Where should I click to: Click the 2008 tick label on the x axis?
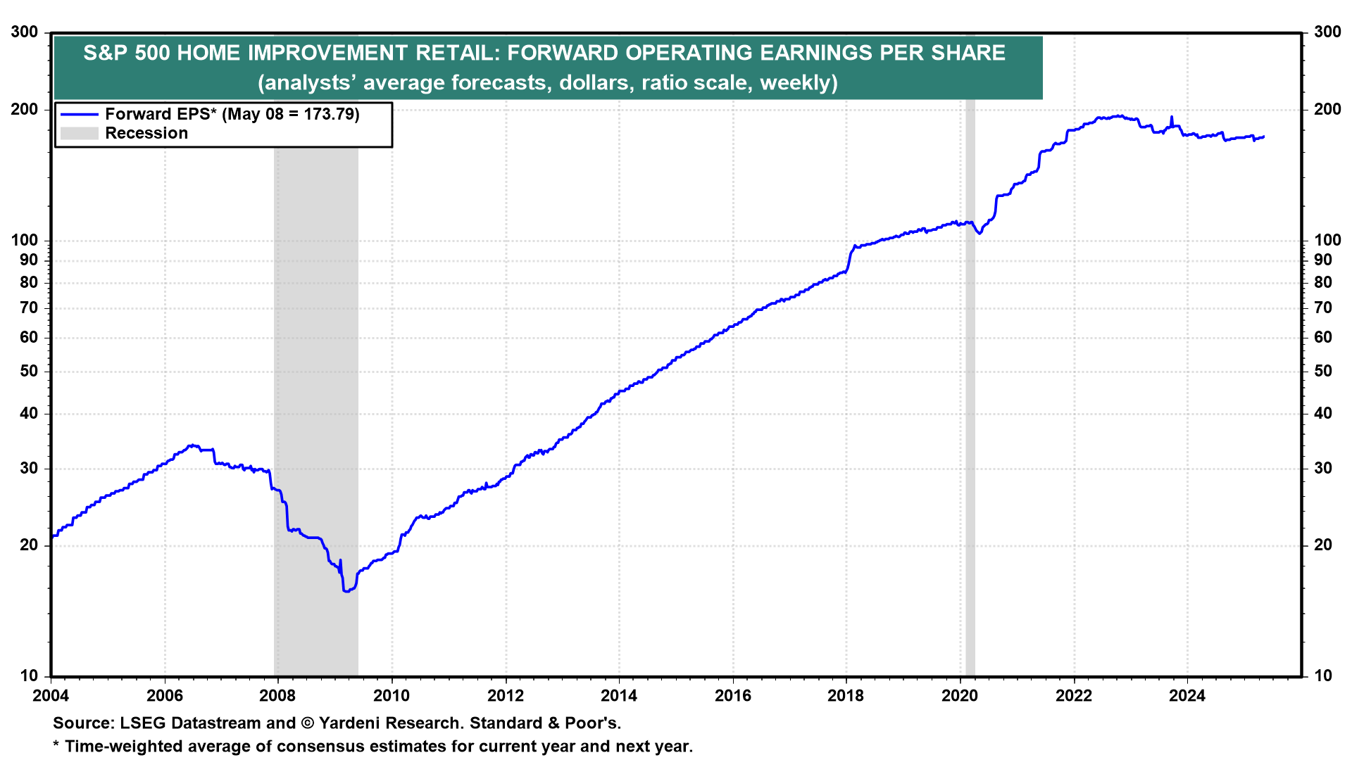(277, 696)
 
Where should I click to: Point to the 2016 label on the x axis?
(732, 696)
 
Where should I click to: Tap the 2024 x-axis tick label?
(1187, 696)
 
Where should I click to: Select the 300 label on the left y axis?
(25, 32)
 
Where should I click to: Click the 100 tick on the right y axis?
(1327, 240)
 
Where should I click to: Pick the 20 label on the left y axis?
(29, 545)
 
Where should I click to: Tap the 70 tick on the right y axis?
(1323, 308)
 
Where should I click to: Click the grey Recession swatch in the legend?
(79, 133)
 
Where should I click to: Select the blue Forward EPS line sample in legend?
(79, 114)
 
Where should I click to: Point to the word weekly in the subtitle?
(796, 83)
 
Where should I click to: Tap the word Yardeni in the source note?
(351, 723)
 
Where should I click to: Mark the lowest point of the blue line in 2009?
(346, 591)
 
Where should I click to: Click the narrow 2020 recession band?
(970, 387)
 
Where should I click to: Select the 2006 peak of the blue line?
(192, 445)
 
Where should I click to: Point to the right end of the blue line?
(1264, 137)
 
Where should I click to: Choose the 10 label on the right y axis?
(1323, 676)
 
